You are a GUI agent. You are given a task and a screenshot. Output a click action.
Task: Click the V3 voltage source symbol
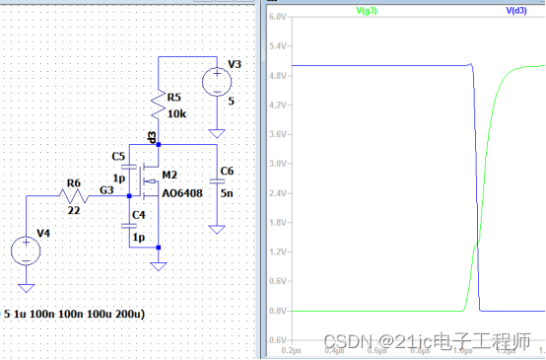(215, 80)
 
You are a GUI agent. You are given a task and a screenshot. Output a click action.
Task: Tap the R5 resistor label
(174, 98)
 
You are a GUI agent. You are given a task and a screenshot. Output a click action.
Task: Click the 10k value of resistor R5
(177, 114)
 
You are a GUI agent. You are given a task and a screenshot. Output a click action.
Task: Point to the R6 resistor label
(72, 182)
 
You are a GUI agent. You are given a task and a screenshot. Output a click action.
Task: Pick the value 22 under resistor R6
(73, 209)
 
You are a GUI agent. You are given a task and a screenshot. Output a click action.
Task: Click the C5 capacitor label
(118, 156)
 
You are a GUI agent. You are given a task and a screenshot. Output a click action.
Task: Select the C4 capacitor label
(139, 213)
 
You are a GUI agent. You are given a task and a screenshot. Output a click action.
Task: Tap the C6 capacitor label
(227, 171)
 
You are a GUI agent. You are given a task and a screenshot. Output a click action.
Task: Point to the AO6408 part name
(181, 193)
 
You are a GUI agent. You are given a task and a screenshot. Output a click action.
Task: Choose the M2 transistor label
(169, 175)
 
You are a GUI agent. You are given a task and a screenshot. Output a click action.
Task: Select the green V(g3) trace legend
(369, 10)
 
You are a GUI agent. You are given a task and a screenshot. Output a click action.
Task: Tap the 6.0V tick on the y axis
(277, 18)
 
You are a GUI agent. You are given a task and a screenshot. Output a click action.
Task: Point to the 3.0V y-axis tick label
(277, 164)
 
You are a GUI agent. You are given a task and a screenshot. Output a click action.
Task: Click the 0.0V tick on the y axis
(277, 311)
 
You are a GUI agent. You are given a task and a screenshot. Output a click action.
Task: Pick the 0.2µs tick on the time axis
(292, 349)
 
